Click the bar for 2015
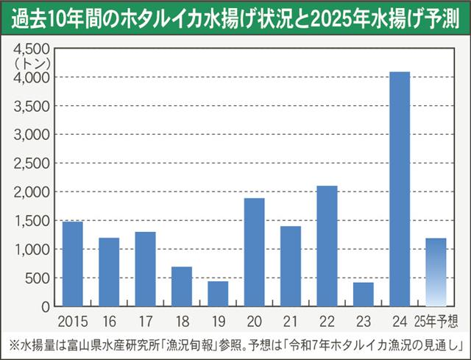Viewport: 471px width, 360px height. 72,264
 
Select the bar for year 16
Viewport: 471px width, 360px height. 109,272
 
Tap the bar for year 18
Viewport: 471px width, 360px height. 181,286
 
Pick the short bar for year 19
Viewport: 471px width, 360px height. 218,294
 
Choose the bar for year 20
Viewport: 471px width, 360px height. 254,252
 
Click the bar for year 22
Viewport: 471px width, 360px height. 327,246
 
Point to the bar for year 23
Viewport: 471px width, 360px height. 363,294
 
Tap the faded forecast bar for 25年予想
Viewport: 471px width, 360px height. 436,272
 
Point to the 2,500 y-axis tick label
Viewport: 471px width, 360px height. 32,163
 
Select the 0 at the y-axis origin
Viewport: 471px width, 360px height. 46,306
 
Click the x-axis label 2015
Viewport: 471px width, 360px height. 72,320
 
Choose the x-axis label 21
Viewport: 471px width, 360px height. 290,320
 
